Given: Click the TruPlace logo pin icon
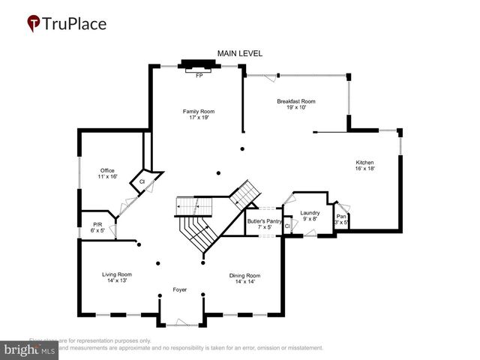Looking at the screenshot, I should pyautogui.click(x=34, y=24).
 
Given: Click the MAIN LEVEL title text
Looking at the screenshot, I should pyautogui.click(x=240, y=53).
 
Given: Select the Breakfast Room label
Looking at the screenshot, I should pyautogui.click(x=295, y=101).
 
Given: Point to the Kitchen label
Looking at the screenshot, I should pyautogui.click(x=364, y=163).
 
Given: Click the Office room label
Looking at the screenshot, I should pyautogui.click(x=108, y=170).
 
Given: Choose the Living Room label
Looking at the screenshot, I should pyautogui.click(x=117, y=274).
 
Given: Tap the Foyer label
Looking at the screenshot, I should pyautogui.click(x=179, y=289).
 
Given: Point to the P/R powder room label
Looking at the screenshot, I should pyautogui.click(x=97, y=224).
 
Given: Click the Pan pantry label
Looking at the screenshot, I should pyautogui.click(x=340, y=216).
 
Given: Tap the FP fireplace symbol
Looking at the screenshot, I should pyautogui.click(x=199, y=75).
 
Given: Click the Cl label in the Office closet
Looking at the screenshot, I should pyautogui.click(x=140, y=181).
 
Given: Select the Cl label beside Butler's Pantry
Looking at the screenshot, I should pyautogui.click(x=287, y=226).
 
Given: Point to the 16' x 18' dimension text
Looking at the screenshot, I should pyautogui.click(x=364, y=169).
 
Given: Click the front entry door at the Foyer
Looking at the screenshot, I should pyautogui.click(x=181, y=322).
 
